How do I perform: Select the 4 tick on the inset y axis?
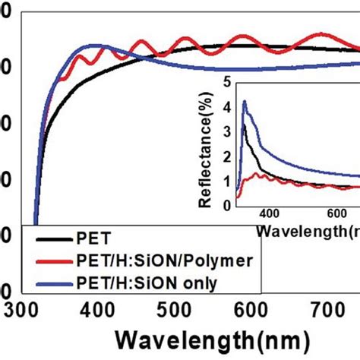pos(226,107)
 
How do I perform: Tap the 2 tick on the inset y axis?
pos(226,156)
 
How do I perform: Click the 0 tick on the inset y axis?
pos(226,204)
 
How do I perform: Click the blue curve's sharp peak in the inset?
pos(245,101)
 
